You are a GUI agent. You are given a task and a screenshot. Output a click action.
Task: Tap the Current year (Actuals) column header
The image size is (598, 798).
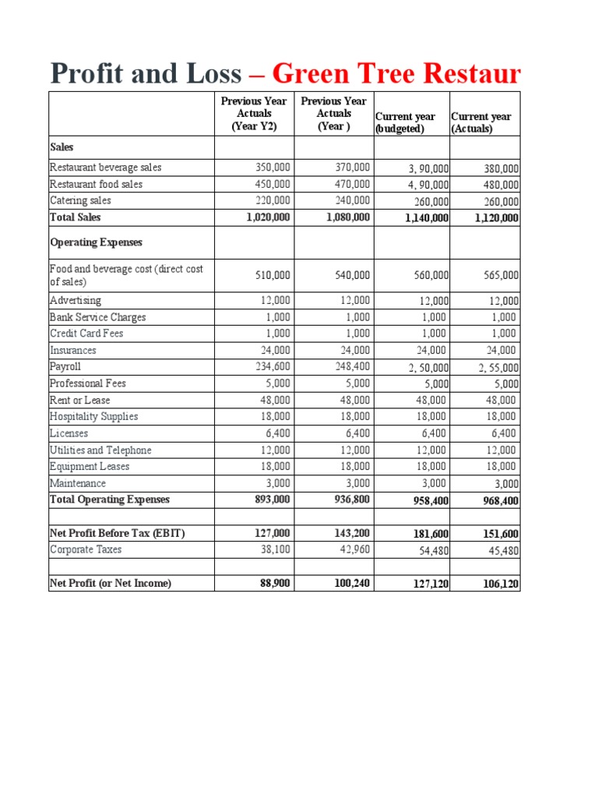(x=481, y=123)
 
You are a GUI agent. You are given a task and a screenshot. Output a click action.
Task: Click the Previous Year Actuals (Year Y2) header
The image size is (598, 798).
(x=253, y=114)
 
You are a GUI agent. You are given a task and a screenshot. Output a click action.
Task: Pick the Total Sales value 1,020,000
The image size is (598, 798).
(x=267, y=218)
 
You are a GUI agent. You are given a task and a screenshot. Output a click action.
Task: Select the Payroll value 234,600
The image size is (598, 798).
(x=273, y=366)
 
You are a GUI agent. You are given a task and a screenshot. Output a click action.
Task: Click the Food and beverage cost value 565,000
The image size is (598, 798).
(x=499, y=275)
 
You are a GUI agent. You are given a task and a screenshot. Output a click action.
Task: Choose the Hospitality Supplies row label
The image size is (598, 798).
(x=93, y=416)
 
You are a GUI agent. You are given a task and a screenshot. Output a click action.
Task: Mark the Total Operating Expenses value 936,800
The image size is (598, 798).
(x=350, y=500)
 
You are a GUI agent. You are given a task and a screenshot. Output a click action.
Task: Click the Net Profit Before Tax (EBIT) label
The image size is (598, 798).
(x=118, y=533)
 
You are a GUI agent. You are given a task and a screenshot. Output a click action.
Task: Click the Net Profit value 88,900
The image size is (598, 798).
(x=275, y=583)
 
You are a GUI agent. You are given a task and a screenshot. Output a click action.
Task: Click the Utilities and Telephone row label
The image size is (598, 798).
(x=100, y=450)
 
